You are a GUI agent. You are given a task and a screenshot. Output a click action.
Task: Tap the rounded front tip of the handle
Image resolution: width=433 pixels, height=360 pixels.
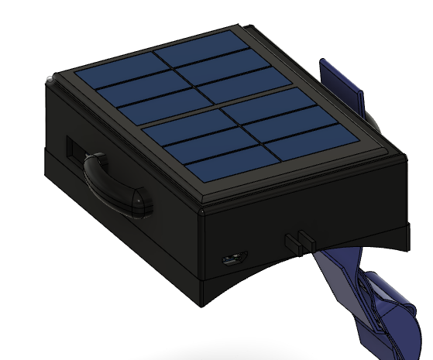(143, 204)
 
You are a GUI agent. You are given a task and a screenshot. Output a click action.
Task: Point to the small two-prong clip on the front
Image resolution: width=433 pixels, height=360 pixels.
(299, 240)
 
